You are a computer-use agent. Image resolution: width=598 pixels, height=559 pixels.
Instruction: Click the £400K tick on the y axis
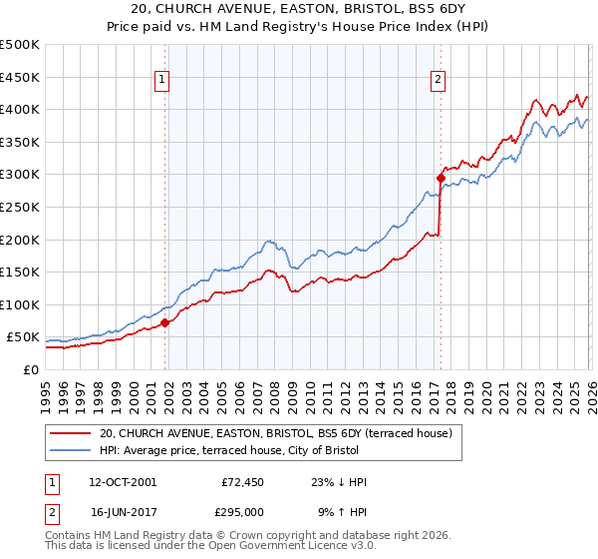(x=20, y=110)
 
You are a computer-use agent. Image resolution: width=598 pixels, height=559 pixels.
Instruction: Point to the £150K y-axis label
(x=20, y=272)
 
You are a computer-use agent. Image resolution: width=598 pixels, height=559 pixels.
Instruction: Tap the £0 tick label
(x=31, y=369)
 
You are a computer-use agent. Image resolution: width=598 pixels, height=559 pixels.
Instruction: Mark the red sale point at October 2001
(x=164, y=322)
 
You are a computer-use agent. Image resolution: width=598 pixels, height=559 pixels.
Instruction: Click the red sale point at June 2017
(x=441, y=178)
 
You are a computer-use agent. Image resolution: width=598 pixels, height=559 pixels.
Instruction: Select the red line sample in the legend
(x=71, y=433)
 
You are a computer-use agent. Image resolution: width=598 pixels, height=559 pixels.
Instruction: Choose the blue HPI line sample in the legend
(x=71, y=450)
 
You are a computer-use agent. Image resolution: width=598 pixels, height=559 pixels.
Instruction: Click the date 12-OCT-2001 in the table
(x=123, y=482)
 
